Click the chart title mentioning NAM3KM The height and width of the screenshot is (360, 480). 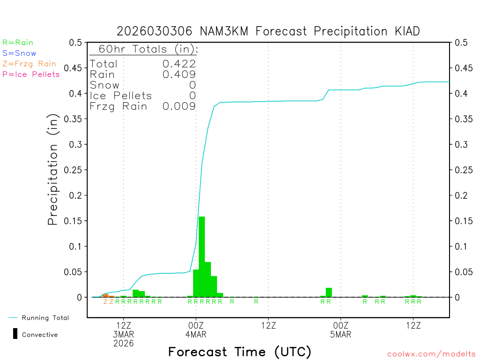tap(268, 31)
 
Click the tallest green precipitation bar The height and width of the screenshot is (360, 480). tap(202, 257)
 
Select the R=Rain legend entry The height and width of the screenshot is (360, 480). tap(18, 43)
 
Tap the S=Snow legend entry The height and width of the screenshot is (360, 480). tap(19, 53)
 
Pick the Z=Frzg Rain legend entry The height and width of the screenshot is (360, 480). tap(29, 64)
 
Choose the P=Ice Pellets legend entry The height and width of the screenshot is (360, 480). tap(31, 74)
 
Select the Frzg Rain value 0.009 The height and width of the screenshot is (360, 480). tap(179, 106)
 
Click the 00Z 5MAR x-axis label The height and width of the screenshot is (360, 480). tap(341, 330)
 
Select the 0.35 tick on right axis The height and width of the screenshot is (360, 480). tap(463, 119)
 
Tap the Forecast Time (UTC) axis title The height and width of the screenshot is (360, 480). tap(240, 352)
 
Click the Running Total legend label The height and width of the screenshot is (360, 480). tap(45, 318)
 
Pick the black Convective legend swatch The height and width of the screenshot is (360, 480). tap(15, 334)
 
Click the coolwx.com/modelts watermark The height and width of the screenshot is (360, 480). tap(431, 354)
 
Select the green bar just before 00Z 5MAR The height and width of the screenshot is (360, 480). tap(329, 292)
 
